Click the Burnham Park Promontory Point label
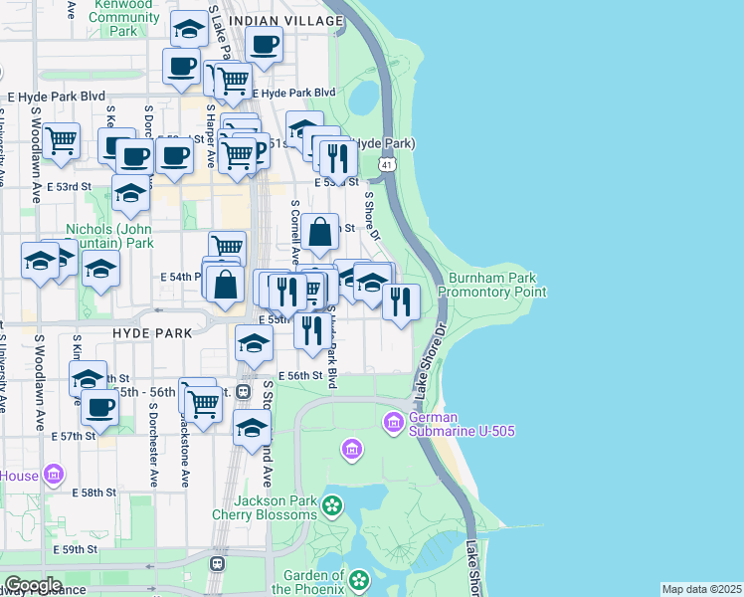coord(496,285)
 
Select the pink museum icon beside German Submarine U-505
coord(393,424)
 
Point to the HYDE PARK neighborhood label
coord(150,332)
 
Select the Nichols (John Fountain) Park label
coord(109,235)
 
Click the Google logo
coord(32,585)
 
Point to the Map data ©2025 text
coord(701,589)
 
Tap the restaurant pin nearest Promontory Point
coord(401,299)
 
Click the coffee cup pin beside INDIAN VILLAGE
coord(264,45)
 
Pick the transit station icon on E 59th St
coord(217,563)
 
